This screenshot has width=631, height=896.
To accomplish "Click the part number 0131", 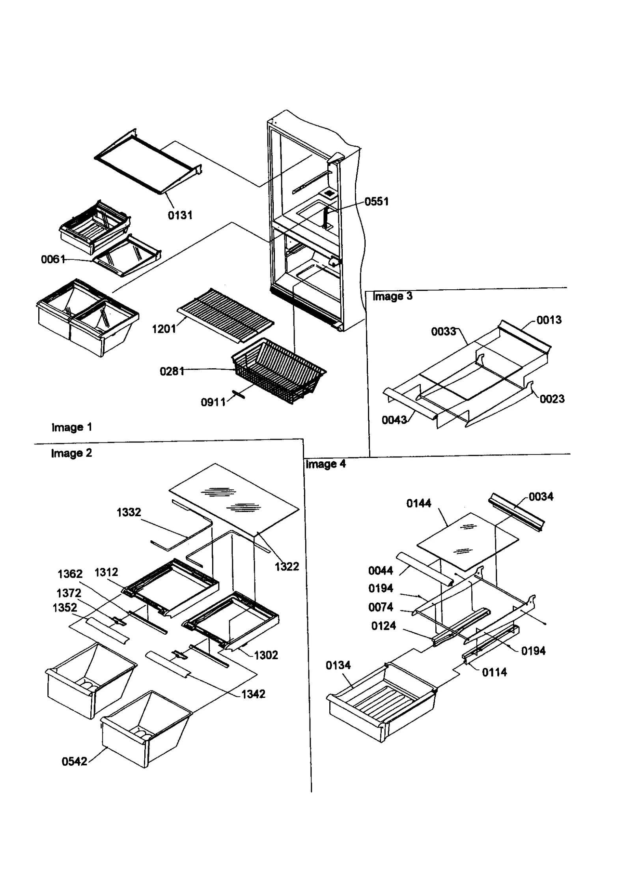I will [x=180, y=215].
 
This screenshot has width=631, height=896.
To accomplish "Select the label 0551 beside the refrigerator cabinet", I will [x=376, y=201].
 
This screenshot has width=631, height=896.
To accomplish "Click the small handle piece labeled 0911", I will [x=238, y=394].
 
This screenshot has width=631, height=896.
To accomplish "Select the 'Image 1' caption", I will [x=72, y=427].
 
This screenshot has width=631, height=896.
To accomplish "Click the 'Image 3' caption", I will [x=392, y=296].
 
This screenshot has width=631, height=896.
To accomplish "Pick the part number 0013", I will [x=549, y=320].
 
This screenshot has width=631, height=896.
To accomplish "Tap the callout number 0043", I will [x=394, y=420].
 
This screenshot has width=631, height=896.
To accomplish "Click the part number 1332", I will [x=129, y=512].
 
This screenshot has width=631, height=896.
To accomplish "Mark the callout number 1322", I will [x=287, y=566].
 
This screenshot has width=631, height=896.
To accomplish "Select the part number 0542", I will [x=74, y=761].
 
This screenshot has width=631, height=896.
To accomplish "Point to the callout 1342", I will [x=253, y=694].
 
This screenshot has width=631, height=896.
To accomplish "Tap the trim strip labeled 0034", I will [x=517, y=512].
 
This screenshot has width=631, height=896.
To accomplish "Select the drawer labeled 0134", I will [x=381, y=707].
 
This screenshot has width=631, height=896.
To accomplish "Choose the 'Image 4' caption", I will [x=326, y=464].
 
